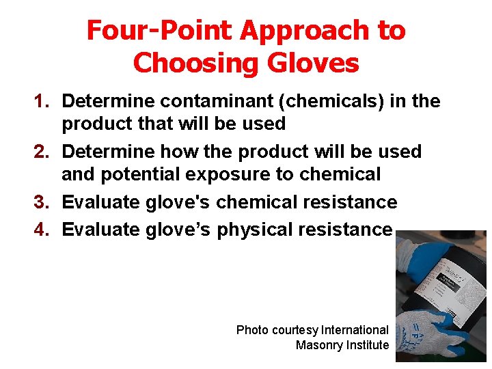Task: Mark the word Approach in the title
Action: pyautogui.click(x=318, y=31)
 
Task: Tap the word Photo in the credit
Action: pyautogui.click(x=252, y=330)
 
